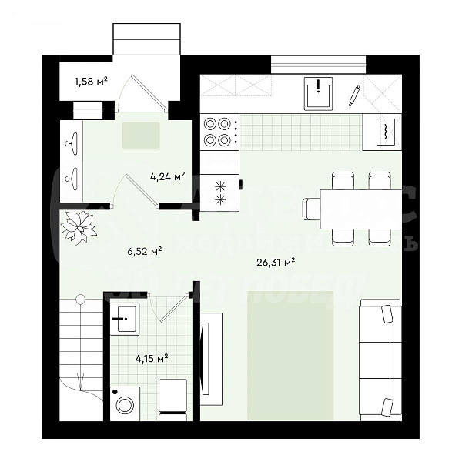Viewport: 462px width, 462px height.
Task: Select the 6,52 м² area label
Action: pos(144,250)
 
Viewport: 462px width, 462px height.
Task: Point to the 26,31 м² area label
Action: pos(276,262)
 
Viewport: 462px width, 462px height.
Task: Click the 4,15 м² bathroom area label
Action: pos(152,358)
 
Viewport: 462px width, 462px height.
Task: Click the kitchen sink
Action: pos(318,95)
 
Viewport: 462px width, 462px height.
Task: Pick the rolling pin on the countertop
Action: pos(354,95)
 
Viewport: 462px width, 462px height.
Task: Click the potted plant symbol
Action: pos(79,227)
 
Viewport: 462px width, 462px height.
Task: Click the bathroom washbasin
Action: pos(124,318)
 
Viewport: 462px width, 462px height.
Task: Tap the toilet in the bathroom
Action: pos(172,399)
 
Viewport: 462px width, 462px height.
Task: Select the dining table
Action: pos(360,209)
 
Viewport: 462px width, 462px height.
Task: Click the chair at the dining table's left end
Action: pos(310,209)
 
